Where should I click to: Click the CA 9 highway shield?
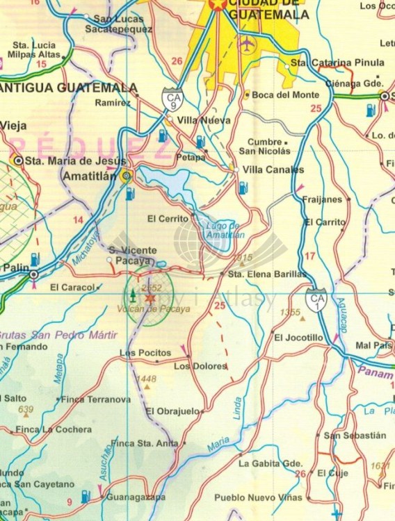(x=173, y=99)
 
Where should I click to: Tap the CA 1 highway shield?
(x=317, y=300)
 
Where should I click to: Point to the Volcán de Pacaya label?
(x=147, y=309)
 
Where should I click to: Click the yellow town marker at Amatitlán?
(x=126, y=177)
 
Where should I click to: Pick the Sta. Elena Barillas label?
(x=268, y=274)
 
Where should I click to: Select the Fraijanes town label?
(x=323, y=199)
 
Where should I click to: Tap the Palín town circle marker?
(x=33, y=275)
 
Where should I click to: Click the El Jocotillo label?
(x=299, y=338)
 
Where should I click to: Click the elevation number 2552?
(x=151, y=287)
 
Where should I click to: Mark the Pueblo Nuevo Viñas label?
(x=259, y=497)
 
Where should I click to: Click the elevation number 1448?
(x=147, y=379)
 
